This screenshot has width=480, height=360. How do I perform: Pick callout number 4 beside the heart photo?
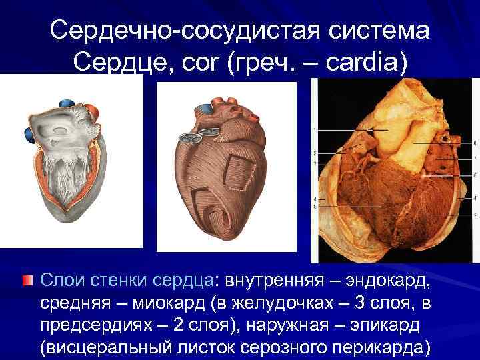point(315,199)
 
